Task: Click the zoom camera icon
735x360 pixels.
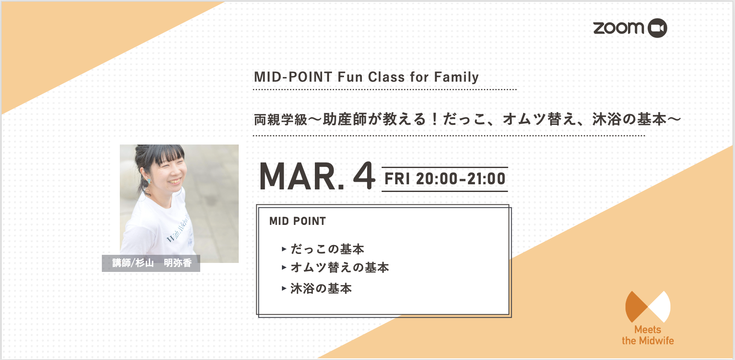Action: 658,28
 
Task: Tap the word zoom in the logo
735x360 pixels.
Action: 619,28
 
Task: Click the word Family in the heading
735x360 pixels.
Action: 456,77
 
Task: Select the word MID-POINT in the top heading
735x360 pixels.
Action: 293,77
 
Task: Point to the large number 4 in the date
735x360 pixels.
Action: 364,175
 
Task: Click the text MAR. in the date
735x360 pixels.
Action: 302,176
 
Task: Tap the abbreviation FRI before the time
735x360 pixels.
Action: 397,179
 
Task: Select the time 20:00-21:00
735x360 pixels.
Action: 461,179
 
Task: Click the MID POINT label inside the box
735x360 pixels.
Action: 298,221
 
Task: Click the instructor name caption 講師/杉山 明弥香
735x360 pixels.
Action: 151,263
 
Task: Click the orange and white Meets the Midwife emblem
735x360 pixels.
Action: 648,307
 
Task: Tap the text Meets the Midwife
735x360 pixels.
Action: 648,335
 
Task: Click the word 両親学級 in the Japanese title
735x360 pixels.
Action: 281,119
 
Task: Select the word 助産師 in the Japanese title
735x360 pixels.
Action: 345,119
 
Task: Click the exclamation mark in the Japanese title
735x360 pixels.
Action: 434,119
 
